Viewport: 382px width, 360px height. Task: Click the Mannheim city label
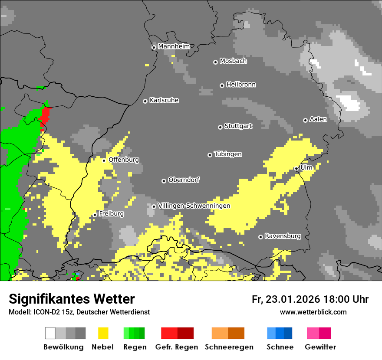pos(174,46)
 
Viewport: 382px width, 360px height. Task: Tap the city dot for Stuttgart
pos(221,127)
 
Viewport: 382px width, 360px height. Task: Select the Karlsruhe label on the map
pos(164,100)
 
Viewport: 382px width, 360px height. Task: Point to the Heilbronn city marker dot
pos(222,85)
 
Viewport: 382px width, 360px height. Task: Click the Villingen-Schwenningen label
pos(194,206)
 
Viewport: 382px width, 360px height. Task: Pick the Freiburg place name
pos(111,214)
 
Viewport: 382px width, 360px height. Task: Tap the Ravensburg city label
pos(283,236)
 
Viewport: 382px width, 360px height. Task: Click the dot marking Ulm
pos(296,169)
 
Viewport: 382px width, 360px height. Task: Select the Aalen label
pos(318,119)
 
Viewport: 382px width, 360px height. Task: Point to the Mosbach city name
pos(233,61)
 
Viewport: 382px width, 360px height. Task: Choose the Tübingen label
pos(228,154)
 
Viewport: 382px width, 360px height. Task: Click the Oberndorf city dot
pos(164,181)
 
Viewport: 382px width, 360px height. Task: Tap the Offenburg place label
pos(124,160)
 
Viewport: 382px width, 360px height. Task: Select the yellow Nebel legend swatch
pos(103,333)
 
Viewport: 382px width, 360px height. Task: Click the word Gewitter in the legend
pos(320,347)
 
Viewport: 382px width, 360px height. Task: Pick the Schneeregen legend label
pos(229,347)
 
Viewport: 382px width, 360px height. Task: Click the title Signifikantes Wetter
pos(72,299)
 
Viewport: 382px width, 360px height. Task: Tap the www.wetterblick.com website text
pos(313,312)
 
